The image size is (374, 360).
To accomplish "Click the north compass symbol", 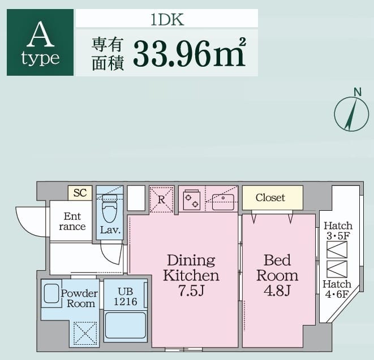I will pos(351,114).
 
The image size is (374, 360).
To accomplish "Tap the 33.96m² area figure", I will pos(190,53).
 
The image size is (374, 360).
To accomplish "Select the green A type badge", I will pos(40,42).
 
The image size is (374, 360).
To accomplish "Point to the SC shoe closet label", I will pos(80,193).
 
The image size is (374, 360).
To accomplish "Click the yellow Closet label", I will pos(270,198).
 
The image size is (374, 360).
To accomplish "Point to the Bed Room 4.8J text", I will pos(277,275).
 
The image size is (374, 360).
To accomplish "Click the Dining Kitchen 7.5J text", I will pos(191,275).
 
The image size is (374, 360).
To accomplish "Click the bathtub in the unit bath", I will pos(125,326).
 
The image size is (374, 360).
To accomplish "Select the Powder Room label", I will pos(79,298).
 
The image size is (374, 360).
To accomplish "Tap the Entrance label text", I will pos(72,222).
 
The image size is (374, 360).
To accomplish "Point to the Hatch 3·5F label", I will pos(338,231).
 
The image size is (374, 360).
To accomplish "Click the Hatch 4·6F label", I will pos(337,289).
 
